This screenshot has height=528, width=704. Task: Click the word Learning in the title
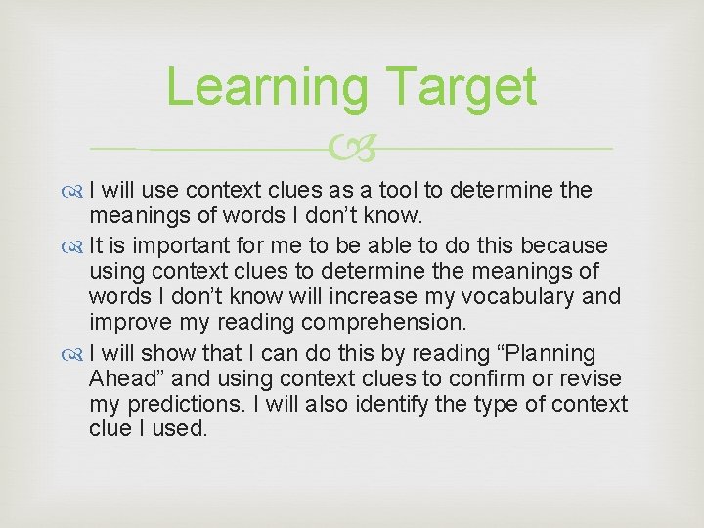[x=266, y=87]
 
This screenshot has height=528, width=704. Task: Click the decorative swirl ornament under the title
[x=352, y=149]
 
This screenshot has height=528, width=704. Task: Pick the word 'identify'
[x=404, y=405]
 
